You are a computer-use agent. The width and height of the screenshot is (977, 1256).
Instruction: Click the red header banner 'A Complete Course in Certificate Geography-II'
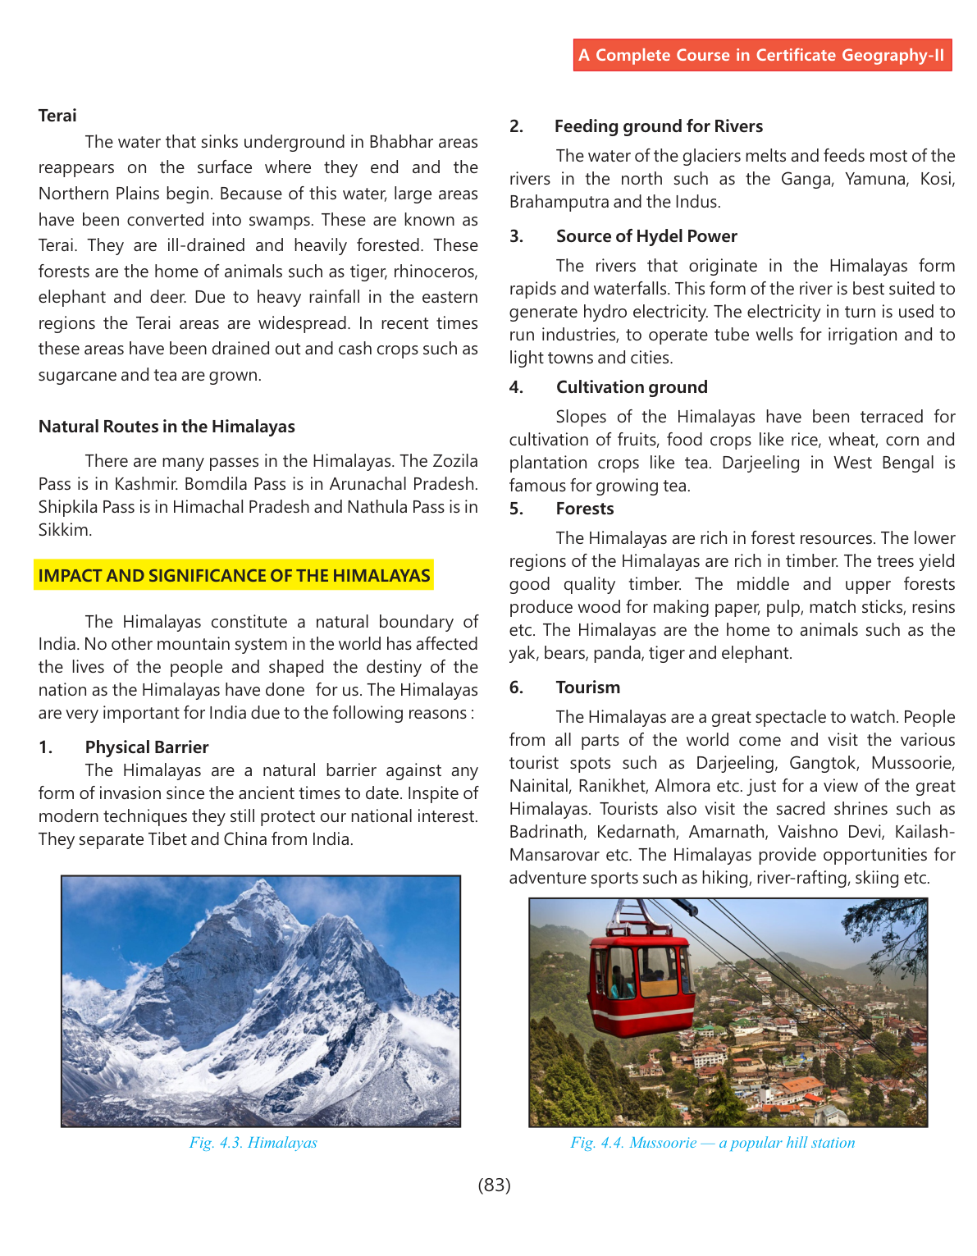[x=762, y=55]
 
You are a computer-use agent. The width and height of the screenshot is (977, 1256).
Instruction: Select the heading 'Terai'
[x=57, y=116]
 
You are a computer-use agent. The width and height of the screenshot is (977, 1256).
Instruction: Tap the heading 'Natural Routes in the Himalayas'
[x=167, y=427]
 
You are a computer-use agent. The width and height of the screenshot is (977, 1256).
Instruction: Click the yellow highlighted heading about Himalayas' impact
[x=234, y=576]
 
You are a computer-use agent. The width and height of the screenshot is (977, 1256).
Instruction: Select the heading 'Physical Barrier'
[x=147, y=747]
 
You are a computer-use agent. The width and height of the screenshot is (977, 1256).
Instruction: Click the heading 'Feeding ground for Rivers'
[x=658, y=126]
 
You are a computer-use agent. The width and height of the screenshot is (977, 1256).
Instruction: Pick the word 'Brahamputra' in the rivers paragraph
[x=558, y=202]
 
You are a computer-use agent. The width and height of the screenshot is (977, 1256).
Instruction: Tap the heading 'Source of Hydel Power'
[x=646, y=236]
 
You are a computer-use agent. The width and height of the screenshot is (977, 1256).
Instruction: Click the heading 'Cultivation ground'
[x=632, y=387]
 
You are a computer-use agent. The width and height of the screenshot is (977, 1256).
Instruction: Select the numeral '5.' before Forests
[x=516, y=509]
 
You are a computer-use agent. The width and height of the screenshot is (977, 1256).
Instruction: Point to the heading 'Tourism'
[x=587, y=687]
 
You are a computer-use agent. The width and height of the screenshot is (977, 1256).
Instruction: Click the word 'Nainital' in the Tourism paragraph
[x=537, y=786]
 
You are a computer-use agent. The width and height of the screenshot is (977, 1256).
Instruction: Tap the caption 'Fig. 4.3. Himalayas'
[x=253, y=1143]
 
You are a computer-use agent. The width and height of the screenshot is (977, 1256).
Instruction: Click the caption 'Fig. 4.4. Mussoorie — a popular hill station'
[x=712, y=1143]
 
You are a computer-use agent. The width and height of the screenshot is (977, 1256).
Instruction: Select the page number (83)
[x=494, y=1185]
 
